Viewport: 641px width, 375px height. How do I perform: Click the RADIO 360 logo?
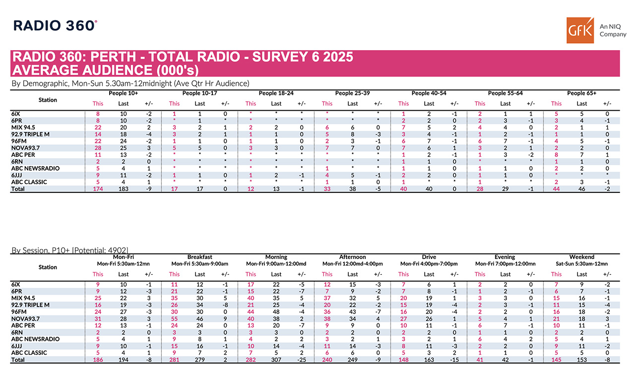point(55,25)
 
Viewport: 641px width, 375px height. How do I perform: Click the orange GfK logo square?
point(580,30)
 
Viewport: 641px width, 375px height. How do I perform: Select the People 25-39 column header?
point(352,93)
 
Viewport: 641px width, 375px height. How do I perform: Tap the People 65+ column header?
point(581,93)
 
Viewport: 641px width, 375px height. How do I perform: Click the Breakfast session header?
point(200,257)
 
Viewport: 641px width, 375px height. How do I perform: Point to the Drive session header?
point(429,257)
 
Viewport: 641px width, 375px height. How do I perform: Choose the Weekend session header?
point(581,257)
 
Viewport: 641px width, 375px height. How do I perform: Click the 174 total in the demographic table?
point(98,189)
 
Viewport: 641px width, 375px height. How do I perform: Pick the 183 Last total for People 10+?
point(124,189)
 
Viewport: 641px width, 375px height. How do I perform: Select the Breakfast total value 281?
point(175,360)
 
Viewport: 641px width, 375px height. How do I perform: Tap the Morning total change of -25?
point(301,360)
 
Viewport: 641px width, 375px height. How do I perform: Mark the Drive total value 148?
point(403,360)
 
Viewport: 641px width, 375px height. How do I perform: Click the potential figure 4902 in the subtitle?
point(121,250)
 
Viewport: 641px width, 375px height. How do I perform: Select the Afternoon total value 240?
point(327,360)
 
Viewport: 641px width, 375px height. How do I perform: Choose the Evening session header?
point(505,257)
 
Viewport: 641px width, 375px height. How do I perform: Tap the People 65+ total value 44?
point(556,189)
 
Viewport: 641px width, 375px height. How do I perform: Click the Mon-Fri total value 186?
point(98,360)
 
